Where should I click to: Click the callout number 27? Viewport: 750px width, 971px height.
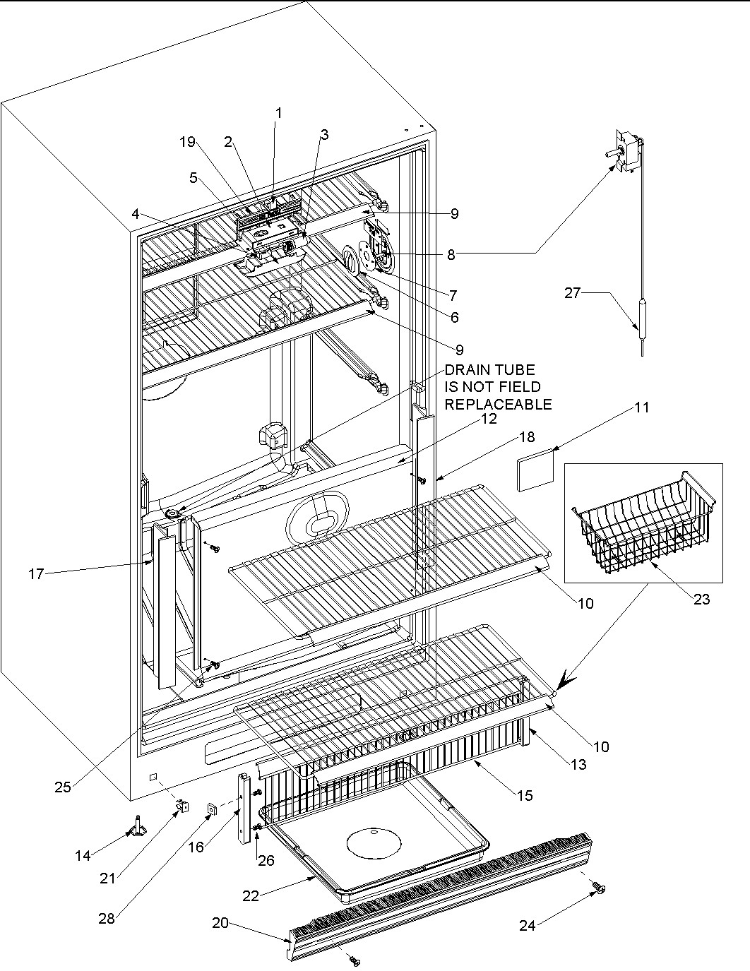(x=572, y=293)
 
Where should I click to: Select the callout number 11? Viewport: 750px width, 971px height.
(x=642, y=407)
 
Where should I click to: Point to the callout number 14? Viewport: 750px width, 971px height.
(x=83, y=856)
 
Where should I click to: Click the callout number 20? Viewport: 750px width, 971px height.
(x=220, y=924)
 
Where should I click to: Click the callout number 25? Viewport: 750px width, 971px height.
(x=63, y=787)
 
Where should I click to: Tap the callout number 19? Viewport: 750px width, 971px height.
(x=187, y=142)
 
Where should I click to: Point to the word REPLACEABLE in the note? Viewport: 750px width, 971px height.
(x=498, y=405)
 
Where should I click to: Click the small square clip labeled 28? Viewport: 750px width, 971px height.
(x=210, y=809)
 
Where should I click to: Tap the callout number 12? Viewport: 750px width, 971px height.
(x=489, y=419)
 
